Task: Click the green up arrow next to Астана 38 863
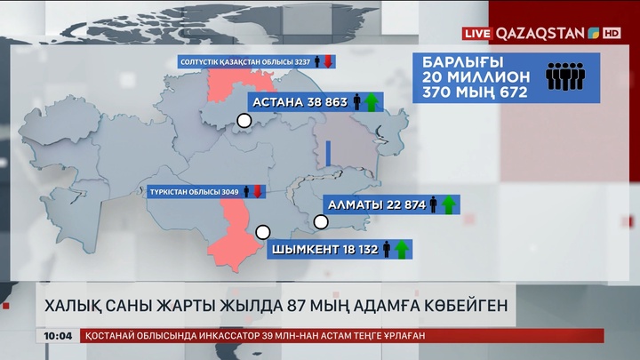[372, 102]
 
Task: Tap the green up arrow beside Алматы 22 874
[449, 205]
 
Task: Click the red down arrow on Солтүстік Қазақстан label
[328, 62]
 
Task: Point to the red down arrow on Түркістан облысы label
[258, 191]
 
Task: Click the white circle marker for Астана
[243, 122]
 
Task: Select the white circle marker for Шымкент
[262, 232]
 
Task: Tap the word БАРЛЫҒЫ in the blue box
[462, 62]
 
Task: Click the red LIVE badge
[477, 33]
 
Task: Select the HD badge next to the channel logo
[612, 33]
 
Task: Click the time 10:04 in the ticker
[57, 335]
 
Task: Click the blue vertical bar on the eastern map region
[328, 152]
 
